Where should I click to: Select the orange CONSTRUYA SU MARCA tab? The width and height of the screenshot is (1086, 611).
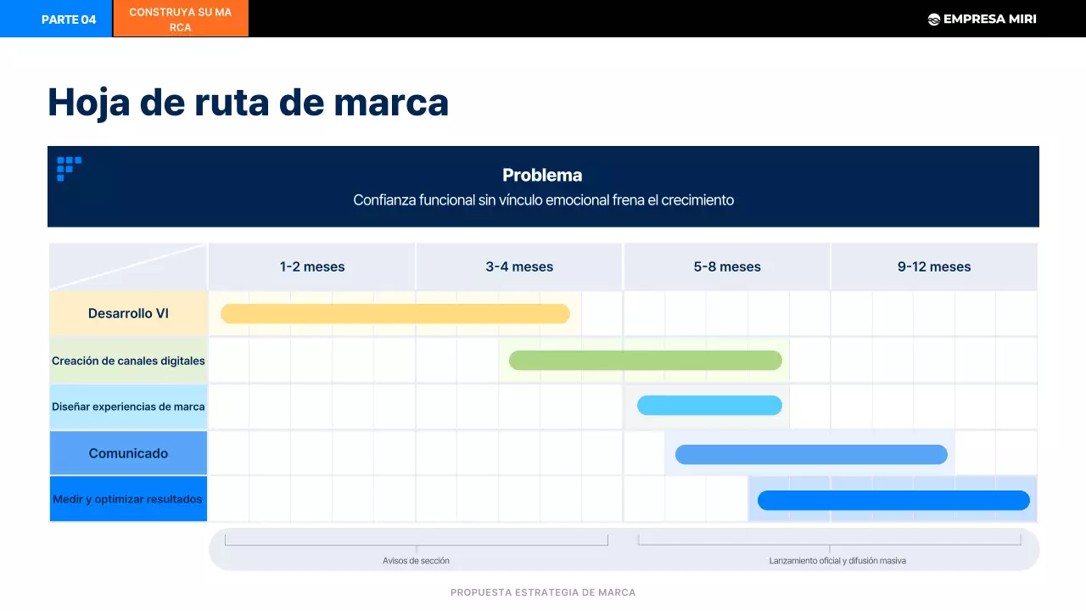(181, 19)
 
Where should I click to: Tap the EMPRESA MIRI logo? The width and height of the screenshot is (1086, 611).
(982, 19)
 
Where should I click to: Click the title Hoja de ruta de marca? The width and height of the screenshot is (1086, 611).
(248, 102)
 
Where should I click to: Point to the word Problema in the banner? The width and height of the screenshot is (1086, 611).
(542, 175)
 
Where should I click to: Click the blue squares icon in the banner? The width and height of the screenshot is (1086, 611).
(69, 168)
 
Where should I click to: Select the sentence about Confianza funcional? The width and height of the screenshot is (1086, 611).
(543, 200)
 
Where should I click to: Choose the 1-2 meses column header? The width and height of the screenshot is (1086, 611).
(312, 266)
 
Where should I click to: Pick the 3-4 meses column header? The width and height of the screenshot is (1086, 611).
(519, 266)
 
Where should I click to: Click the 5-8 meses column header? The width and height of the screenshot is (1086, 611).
(727, 266)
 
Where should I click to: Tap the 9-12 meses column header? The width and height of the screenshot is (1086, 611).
(934, 266)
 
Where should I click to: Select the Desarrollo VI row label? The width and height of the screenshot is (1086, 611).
(128, 313)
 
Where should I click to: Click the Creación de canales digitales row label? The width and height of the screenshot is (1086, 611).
(128, 361)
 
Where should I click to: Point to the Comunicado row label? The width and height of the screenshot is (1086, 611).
(128, 453)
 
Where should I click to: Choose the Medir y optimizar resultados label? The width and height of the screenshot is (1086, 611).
(128, 499)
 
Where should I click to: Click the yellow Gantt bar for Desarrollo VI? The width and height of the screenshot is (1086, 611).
(395, 314)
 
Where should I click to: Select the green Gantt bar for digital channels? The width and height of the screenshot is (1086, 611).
(645, 361)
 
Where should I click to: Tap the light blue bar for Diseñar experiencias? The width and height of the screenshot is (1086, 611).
(709, 406)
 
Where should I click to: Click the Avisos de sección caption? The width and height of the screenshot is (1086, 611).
(416, 561)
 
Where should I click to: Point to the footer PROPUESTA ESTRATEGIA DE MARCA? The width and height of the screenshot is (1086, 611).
(543, 592)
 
